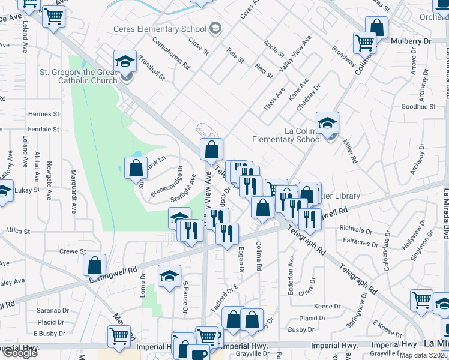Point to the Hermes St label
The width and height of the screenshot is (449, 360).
tap(43, 113)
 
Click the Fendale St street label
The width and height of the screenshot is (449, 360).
tap(43, 129)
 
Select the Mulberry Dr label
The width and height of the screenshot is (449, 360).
tap(411, 41)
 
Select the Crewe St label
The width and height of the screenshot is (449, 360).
tap(74, 251)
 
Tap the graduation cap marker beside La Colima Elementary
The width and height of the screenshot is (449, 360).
tap(327, 123)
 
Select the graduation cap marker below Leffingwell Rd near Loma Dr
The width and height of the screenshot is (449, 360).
tap(169, 276)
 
